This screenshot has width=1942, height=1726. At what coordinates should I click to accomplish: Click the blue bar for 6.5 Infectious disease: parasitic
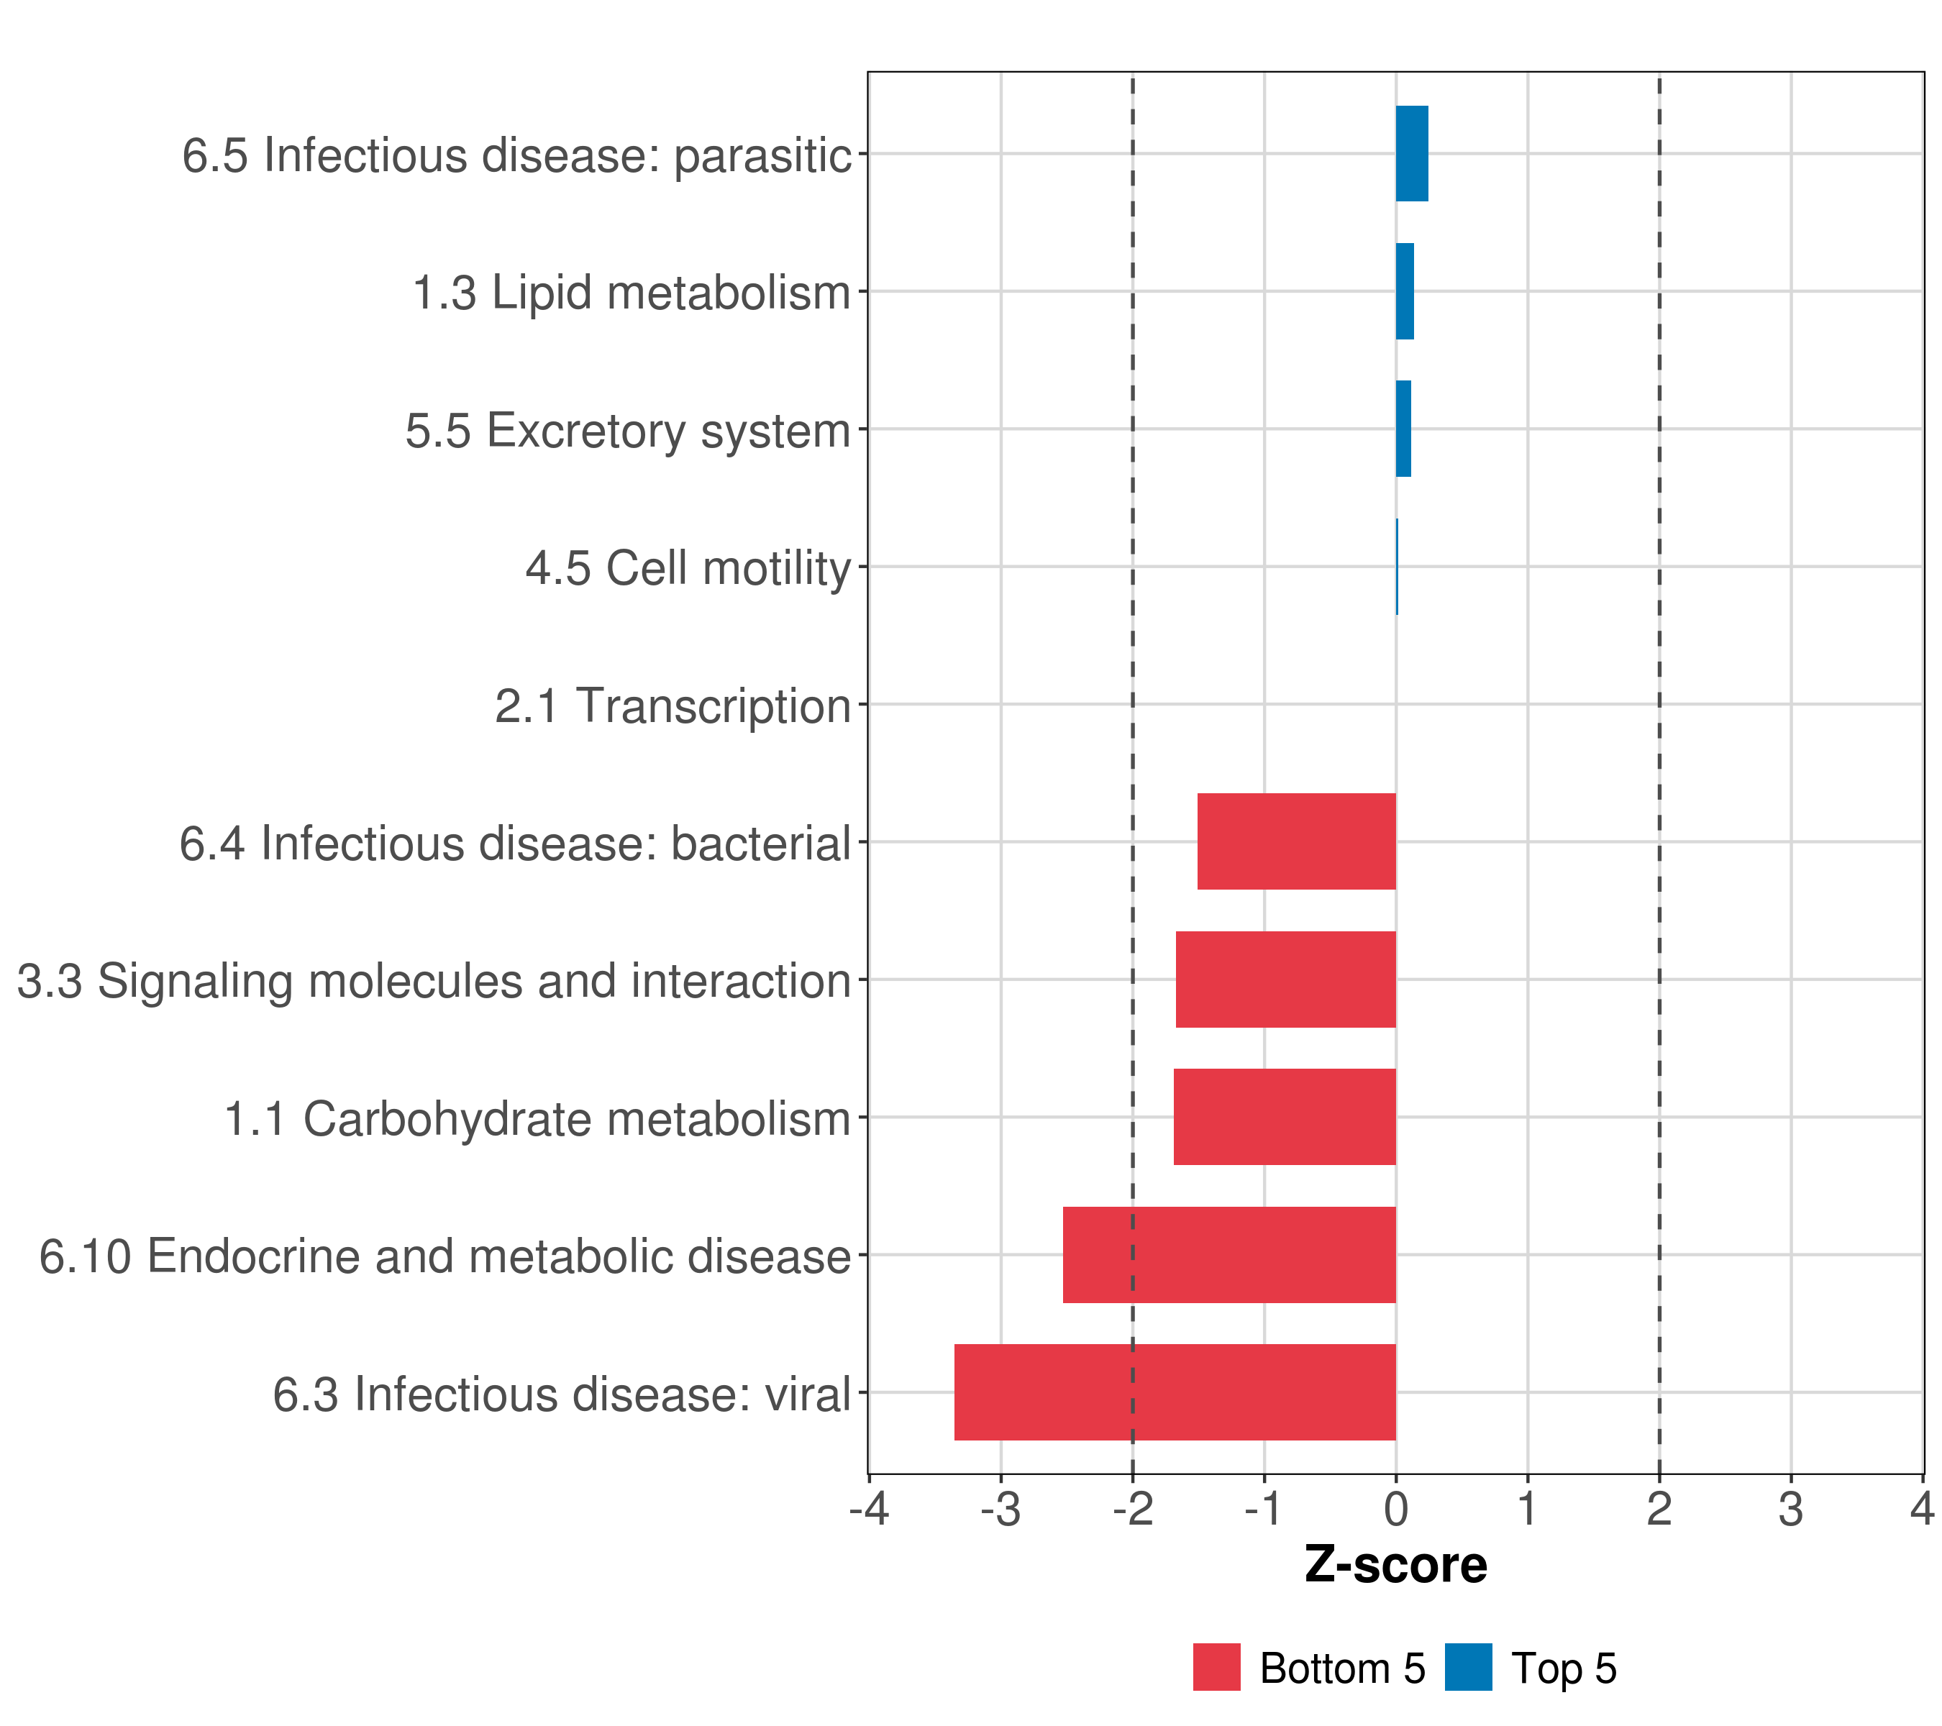pyautogui.click(x=1412, y=154)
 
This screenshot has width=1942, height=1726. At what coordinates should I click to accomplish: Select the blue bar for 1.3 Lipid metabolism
pyautogui.click(x=1404, y=292)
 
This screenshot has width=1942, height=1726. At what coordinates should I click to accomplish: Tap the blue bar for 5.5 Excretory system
pyautogui.click(x=1403, y=429)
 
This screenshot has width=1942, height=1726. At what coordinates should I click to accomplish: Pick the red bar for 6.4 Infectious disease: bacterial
pyautogui.click(x=1296, y=841)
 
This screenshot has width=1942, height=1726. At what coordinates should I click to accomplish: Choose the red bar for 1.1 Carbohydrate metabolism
pyautogui.click(x=1285, y=1117)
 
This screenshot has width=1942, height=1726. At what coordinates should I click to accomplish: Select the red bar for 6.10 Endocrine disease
pyautogui.click(x=1229, y=1255)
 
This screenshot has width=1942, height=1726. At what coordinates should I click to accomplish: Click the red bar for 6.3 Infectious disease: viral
pyautogui.click(x=1175, y=1392)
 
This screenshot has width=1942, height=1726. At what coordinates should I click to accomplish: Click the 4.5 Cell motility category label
pyautogui.click(x=688, y=569)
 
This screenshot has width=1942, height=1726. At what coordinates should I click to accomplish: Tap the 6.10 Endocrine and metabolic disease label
pyautogui.click(x=445, y=1256)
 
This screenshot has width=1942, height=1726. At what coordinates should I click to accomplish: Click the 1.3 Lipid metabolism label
pyautogui.click(x=631, y=293)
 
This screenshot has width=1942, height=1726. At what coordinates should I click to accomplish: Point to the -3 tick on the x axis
pyautogui.click(x=1000, y=1510)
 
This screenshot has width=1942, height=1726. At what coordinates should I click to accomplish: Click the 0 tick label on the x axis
pyautogui.click(x=1395, y=1510)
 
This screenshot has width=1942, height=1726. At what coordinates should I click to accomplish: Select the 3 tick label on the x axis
pyautogui.click(x=1791, y=1510)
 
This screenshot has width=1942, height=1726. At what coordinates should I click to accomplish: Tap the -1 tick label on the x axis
pyautogui.click(x=1264, y=1510)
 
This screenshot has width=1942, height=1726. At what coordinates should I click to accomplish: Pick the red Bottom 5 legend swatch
pyautogui.click(x=1217, y=1667)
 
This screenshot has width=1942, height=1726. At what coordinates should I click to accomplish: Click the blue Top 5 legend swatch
pyautogui.click(x=1468, y=1667)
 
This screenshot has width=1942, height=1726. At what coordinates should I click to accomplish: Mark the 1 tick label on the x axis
pyautogui.click(x=1527, y=1510)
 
